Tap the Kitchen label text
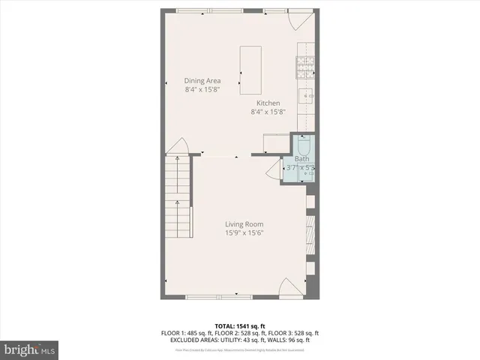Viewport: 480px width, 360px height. point(268,103)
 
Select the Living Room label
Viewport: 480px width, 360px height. point(244,223)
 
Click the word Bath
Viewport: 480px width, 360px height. point(301,159)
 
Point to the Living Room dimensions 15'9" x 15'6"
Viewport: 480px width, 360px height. point(244,233)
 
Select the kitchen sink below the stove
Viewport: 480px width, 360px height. point(307,96)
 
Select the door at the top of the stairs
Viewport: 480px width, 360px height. point(177,146)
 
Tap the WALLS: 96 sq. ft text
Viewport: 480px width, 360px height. point(293,340)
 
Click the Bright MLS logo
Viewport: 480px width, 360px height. point(30,349)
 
